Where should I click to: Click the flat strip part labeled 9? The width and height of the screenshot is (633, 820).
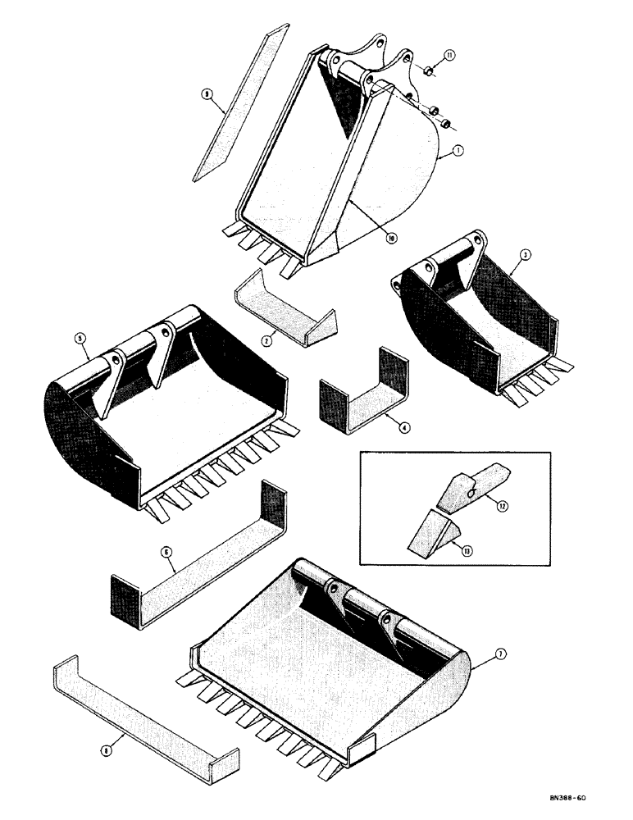pyautogui.click(x=234, y=102)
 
